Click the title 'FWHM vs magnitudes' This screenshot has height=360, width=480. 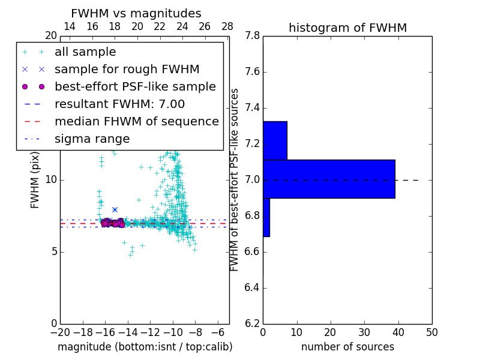136,13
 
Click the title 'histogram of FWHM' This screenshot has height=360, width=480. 347,28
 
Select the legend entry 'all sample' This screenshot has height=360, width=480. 85,52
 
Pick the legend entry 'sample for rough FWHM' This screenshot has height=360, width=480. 127,69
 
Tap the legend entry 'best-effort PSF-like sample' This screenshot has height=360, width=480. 135,86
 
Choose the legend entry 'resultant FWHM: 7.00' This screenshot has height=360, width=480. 119,104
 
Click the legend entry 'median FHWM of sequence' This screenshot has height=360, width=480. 136,121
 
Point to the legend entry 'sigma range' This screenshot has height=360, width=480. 92,139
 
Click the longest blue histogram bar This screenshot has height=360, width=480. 329,179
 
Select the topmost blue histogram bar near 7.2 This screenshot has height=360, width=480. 275,140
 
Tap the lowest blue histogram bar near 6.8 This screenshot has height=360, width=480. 266,217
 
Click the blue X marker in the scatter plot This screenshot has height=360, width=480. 115,209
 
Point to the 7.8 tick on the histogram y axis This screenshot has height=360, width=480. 252,36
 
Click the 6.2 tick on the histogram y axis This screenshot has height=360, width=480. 252,323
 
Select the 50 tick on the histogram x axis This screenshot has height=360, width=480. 431,332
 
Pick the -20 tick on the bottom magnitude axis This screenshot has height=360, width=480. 60,332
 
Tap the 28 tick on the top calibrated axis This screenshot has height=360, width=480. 227,26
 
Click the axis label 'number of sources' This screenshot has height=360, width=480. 347,347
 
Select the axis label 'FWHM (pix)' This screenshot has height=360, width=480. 35,180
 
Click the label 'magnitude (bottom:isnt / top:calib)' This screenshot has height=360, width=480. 145,347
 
